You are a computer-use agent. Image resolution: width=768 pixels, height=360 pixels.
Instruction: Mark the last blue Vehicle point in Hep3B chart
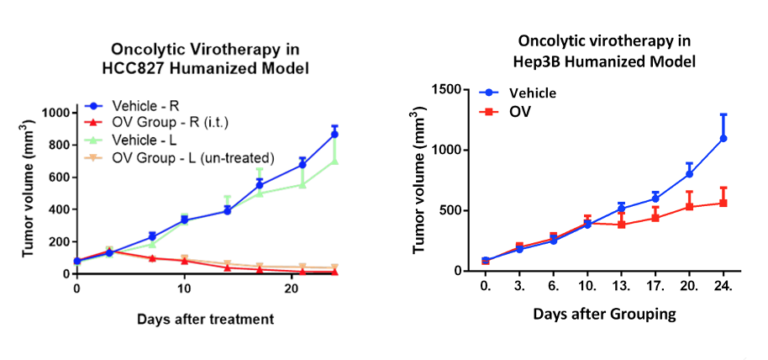click(723, 138)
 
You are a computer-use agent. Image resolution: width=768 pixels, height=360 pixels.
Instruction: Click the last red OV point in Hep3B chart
click(723, 203)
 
